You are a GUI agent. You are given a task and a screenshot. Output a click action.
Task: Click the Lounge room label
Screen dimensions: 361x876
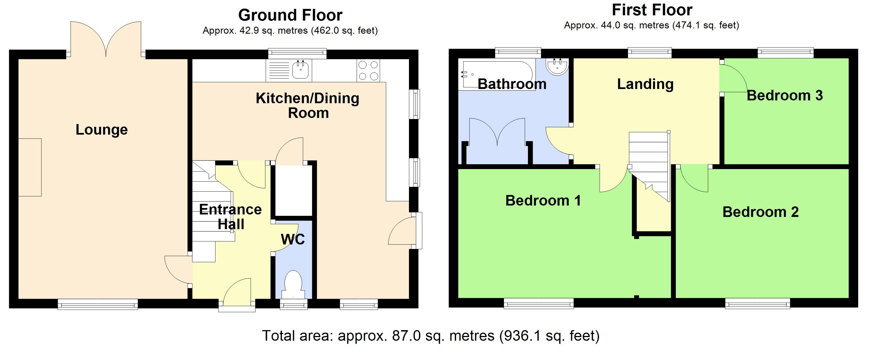(102, 130)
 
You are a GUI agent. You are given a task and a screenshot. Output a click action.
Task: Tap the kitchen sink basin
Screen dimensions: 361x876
(300, 70)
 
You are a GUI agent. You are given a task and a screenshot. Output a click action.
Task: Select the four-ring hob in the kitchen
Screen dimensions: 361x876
(368, 70)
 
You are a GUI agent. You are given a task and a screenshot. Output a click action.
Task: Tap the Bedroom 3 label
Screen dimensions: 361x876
(785, 96)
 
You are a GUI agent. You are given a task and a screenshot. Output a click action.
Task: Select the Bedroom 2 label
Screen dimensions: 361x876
(760, 212)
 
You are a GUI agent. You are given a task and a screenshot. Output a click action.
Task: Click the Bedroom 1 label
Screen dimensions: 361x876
(543, 201)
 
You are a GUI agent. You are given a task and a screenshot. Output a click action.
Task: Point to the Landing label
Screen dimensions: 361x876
(645, 84)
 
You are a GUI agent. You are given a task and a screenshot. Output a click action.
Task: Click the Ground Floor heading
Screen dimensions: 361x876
(290, 15)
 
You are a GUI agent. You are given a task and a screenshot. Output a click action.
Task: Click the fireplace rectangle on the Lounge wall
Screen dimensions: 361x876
(30, 167)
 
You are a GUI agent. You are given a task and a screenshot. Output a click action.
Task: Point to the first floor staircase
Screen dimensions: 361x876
(649, 160)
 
